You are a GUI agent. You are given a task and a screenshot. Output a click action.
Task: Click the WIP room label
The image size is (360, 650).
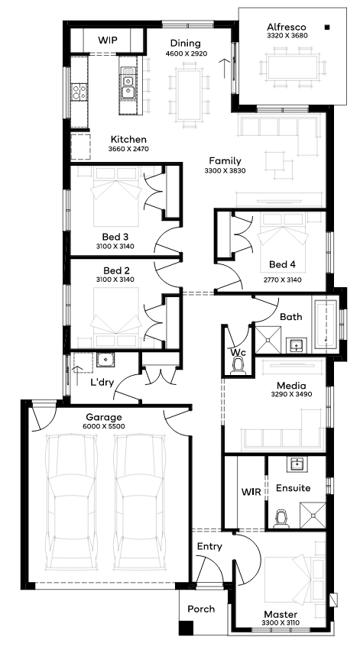tap(108, 40)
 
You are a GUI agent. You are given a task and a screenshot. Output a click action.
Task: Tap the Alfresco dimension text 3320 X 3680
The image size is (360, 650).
tap(287, 36)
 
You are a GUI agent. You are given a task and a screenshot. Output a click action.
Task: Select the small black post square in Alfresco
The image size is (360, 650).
tap(327, 27)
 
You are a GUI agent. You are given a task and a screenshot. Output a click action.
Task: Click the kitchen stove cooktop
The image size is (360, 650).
tap(79, 92)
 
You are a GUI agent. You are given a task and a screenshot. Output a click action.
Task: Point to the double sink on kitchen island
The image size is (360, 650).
tap(128, 86)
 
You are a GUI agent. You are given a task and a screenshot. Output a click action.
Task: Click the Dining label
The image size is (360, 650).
tap(186, 44)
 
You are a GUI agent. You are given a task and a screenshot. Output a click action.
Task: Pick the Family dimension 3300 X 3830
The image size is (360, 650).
tap(225, 170)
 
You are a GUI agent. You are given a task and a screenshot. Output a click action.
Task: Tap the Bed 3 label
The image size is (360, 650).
tap(115, 237)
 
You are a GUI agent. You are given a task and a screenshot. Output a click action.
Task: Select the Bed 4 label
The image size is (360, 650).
tap(283, 264)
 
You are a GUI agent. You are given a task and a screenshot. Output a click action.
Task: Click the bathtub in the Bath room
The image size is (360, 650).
tap(326, 324)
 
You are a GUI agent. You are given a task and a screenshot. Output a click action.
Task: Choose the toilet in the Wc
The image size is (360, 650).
tap(238, 367)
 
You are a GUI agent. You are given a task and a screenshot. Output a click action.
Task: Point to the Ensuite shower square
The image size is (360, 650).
tap(313, 516)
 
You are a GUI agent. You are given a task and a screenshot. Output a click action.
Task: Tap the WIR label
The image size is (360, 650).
tap(251, 492)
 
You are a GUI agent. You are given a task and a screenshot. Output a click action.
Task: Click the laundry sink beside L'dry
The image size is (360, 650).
tap(105, 360)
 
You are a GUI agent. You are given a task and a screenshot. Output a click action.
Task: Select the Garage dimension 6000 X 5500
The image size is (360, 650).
tap(104, 426)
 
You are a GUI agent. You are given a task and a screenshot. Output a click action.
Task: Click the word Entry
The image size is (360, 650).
tap(209, 547)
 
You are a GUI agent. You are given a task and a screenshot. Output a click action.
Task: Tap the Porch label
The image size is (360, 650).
tap(201, 609)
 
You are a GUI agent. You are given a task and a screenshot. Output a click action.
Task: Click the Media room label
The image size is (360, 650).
tap(291, 386)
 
